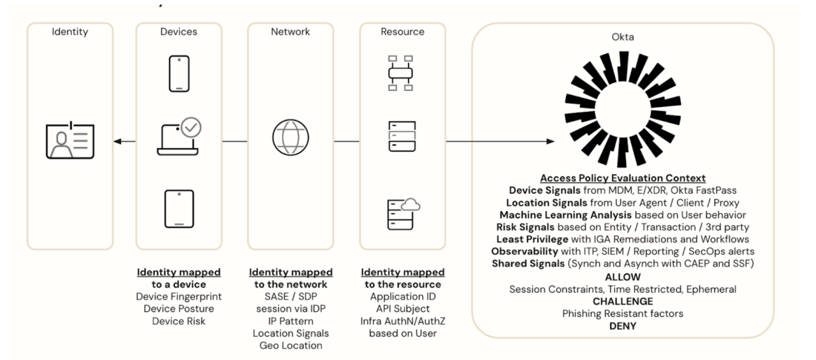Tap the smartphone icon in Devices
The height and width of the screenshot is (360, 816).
coord(178,74)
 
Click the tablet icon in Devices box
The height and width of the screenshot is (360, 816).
coord(179,208)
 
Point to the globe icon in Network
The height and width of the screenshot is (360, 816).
coord(291,139)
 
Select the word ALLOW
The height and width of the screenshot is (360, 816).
coord(622,278)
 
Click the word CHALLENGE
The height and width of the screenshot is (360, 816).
coord(622,301)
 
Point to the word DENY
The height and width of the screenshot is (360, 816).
coord(622,325)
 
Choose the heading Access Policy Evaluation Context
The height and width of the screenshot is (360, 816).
coord(622,178)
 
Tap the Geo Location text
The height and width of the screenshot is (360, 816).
coord(291,345)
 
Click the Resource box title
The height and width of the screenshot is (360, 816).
coord(402,31)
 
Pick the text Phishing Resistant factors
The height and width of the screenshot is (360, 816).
coord(622,313)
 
